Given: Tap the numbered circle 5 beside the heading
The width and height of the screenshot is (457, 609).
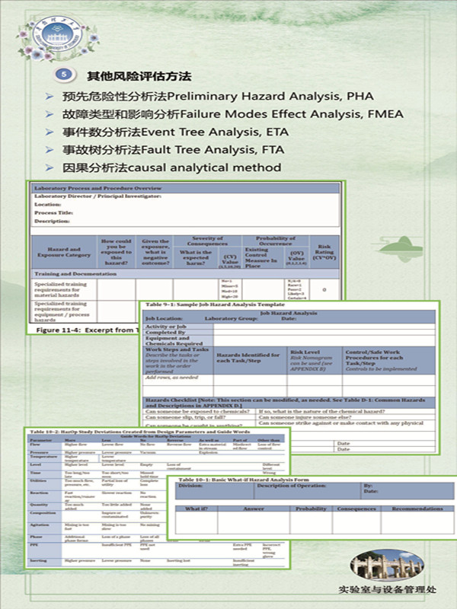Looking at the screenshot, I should tap(66, 76).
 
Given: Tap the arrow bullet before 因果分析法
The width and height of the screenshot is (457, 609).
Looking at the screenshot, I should tap(50, 167).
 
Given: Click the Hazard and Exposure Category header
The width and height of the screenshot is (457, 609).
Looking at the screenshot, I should tap(65, 253).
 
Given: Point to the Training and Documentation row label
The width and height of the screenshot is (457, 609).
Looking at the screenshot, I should tap(69, 273).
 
